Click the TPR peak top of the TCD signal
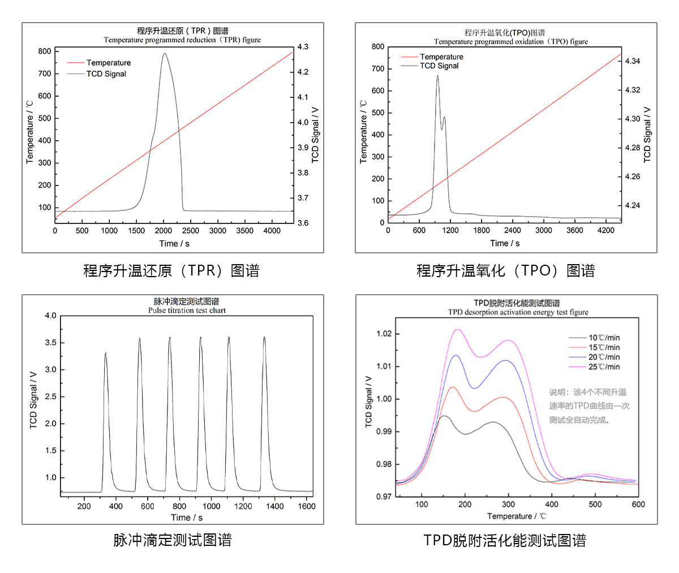(x=164, y=54)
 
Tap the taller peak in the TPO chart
(x=437, y=76)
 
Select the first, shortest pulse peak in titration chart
(x=105, y=353)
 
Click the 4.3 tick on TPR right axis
(x=303, y=47)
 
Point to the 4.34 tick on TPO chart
(x=633, y=61)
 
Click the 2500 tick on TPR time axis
(x=191, y=231)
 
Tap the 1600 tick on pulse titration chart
(x=306, y=506)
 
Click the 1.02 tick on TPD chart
(x=384, y=334)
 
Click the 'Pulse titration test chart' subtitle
(x=187, y=311)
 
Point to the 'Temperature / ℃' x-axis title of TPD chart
(x=516, y=516)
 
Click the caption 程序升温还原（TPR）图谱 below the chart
(x=171, y=271)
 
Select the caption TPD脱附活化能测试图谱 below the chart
(x=505, y=541)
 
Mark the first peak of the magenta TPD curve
(x=458, y=330)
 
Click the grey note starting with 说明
(x=588, y=406)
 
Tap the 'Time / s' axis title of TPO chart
(x=505, y=243)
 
